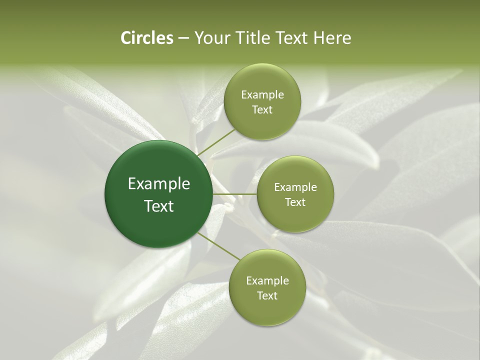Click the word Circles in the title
pyautogui.click(x=146, y=38)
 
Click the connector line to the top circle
pyautogui.click(x=216, y=141)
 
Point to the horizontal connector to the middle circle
pyautogui.click(x=235, y=194)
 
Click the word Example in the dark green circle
pyautogui.click(x=159, y=184)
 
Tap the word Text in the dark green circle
pyautogui.click(x=159, y=206)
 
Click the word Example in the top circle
pyautogui.click(x=262, y=95)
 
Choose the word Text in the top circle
pyautogui.click(x=262, y=110)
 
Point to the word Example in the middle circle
pyautogui.click(x=295, y=187)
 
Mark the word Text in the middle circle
pyautogui.click(x=295, y=202)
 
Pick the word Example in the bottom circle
pyautogui.click(x=267, y=280)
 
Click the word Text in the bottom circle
pyautogui.click(x=267, y=295)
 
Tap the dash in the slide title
pyautogui.click(x=183, y=38)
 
